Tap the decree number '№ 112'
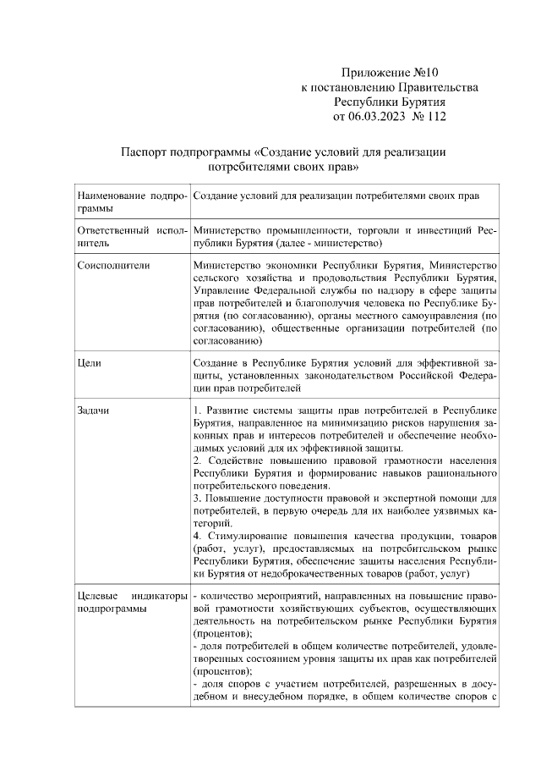click(x=429, y=116)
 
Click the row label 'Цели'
click(x=89, y=363)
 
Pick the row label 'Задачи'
click(x=94, y=411)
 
